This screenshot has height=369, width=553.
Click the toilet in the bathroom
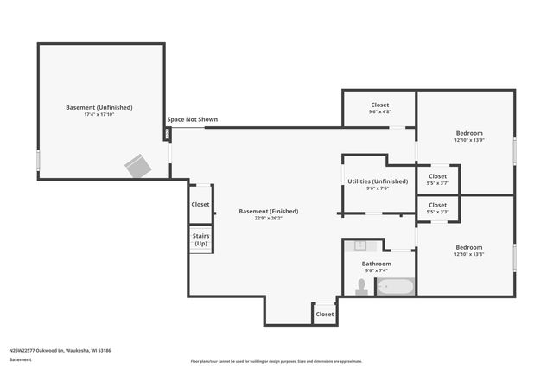361,287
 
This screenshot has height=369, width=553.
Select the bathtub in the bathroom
396,287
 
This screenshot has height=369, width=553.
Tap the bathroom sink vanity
361,245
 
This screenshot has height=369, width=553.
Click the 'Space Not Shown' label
192,119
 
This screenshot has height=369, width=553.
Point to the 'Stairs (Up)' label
200,239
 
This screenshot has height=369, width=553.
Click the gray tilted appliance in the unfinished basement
137,165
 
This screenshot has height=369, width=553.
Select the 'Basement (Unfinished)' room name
99,107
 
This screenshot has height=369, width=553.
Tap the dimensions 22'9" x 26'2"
269,219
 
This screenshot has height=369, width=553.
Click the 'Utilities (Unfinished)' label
377,181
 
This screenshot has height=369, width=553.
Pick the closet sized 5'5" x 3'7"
438,179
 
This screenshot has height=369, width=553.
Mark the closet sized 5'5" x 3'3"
438,208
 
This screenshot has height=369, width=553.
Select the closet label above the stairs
200,204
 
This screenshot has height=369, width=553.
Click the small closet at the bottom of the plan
325,314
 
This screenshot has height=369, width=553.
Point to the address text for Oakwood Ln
60,350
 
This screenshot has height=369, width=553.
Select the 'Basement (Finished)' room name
269,211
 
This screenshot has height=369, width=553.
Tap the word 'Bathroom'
377,264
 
